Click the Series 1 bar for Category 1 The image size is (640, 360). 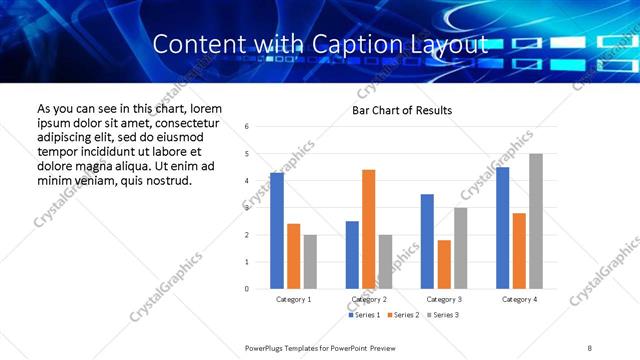277,231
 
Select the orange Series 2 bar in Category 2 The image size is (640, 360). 368,229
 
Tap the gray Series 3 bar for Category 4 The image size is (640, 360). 536,221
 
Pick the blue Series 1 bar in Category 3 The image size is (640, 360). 427,241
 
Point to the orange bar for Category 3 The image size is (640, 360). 444,264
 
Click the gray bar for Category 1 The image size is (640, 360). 310,262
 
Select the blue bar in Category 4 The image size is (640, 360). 502,228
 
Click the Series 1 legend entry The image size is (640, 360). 364,315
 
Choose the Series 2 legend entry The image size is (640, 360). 402,315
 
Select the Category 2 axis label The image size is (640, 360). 368,299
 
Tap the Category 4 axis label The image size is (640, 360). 518,299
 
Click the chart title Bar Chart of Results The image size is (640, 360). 402,110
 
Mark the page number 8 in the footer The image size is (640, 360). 589,347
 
